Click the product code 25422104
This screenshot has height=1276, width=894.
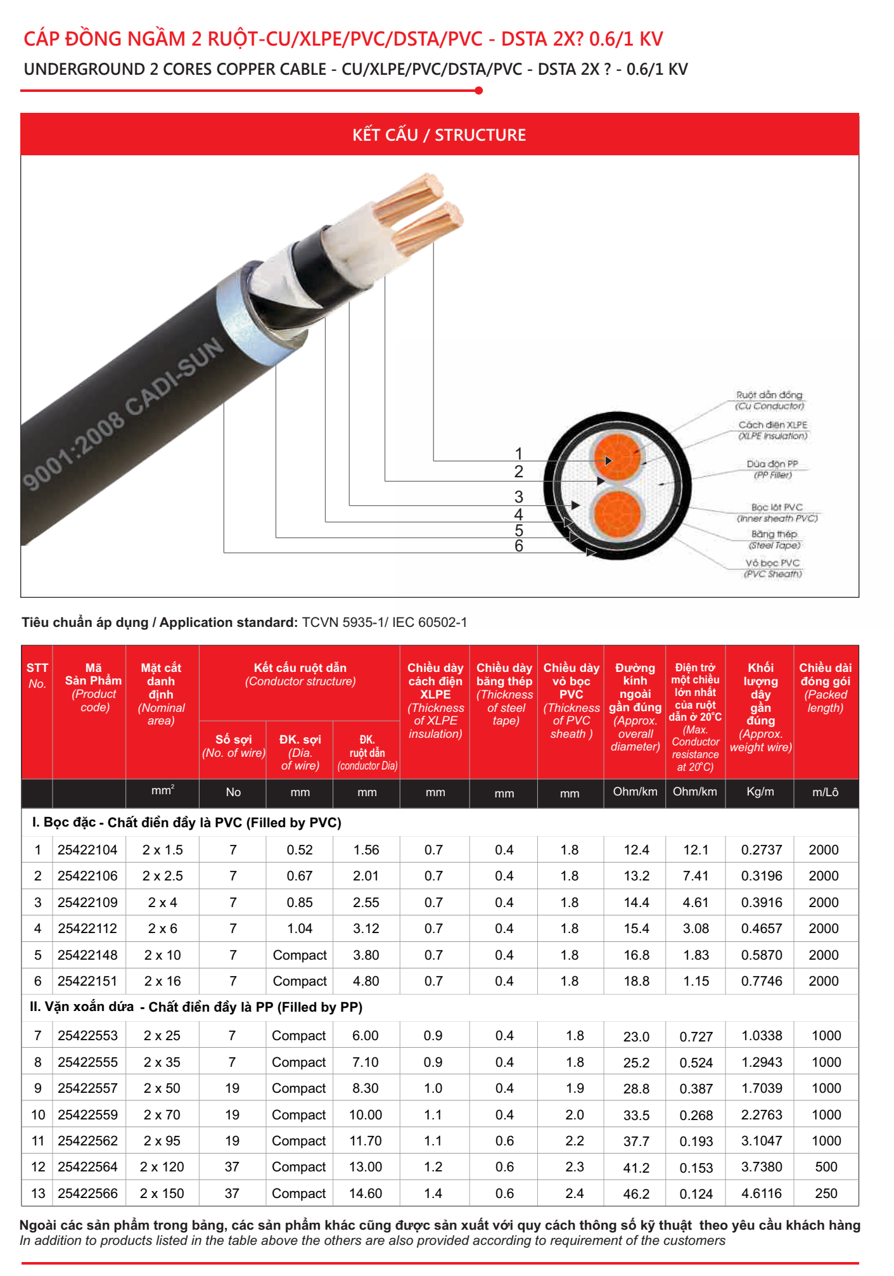click(87, 850)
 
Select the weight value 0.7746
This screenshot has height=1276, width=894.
click(762, 981)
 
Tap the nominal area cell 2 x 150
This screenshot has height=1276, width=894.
click(162, 1194)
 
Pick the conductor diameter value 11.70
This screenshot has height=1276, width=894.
click(366, 1141)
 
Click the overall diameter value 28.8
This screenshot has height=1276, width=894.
click(636, 1089)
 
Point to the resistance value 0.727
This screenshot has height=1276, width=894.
click(696, 1037)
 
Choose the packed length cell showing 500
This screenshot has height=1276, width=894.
click(826, 1167)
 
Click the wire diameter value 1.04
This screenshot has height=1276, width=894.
click(300, 929)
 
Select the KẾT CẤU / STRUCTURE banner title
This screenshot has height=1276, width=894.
click(439, 135)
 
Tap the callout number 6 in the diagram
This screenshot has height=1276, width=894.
click(518, 546)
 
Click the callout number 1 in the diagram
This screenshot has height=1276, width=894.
click(518, 454)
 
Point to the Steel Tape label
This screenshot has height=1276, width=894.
click(774, 540)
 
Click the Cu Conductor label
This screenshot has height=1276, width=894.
click(769, 401)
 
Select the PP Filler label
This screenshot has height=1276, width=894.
click(772, 470)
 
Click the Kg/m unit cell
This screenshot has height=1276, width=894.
click(760, 792)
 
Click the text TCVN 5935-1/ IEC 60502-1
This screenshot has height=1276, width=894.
click(384, 622)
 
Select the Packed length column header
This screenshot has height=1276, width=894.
click(825, 688)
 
